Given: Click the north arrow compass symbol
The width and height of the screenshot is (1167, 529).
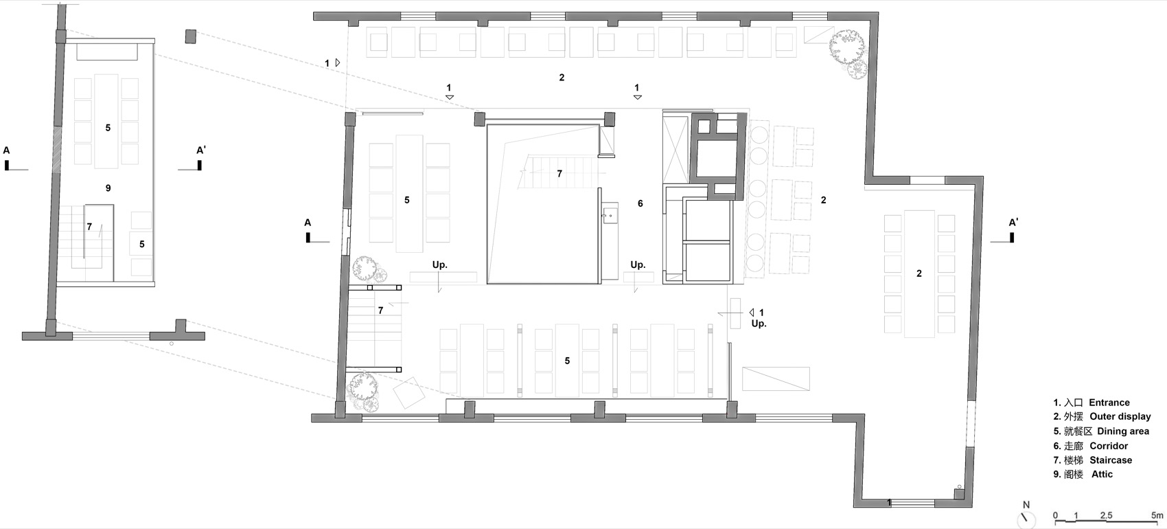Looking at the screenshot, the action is pos(1026,519).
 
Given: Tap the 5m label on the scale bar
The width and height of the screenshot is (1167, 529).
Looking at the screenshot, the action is pos(1157,515).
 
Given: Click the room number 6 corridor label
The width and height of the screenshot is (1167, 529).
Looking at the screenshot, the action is pos(640,203).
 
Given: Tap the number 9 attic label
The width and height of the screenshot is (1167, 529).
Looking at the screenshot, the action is pos(108,188).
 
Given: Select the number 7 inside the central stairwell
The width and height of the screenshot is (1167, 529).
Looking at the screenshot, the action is pos(559,174).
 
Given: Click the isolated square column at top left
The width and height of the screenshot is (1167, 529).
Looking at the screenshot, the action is pos(191,36).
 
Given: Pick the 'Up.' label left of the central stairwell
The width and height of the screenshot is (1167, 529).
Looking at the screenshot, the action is pos(440,264).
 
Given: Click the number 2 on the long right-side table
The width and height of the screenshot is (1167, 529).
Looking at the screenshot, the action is pos(919,273).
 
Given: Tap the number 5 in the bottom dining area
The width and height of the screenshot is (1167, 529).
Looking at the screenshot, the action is pos(567,361).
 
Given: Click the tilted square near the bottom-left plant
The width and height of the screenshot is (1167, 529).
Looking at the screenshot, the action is pos(409,392).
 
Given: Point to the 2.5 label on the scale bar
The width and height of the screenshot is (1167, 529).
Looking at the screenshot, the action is pos(1106,515).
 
